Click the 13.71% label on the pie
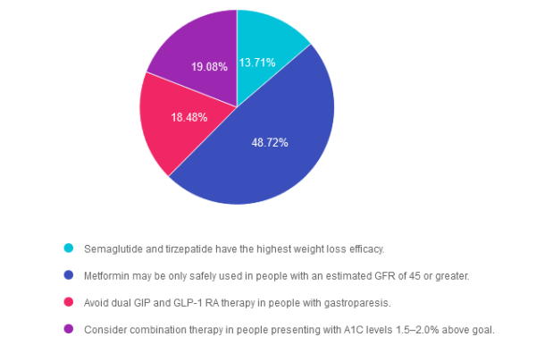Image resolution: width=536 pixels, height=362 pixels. coord(257,63)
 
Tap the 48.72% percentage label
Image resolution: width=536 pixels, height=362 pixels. coord(270,142)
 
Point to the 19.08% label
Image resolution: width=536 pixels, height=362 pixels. coord(209,67)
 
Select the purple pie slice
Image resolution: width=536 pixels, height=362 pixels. coord(192,45)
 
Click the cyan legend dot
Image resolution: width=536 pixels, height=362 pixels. coord(68,248)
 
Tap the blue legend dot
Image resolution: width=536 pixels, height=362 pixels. coord(68,275)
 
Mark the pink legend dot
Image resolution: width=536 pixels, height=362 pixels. coord(68,302)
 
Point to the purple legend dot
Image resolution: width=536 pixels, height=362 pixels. coord(68,329)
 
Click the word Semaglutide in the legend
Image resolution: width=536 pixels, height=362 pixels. coord(112,248)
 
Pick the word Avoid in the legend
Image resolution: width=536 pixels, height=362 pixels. coord(96,302)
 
